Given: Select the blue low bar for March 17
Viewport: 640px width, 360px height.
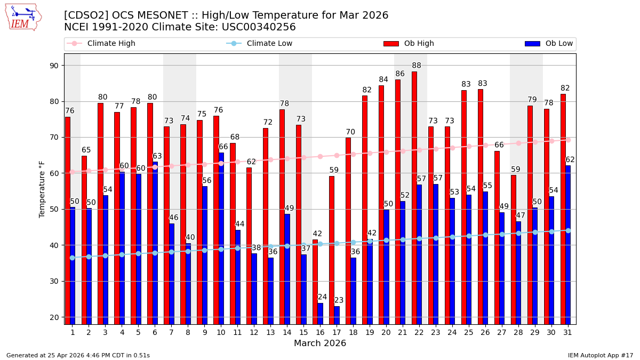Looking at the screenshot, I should tap(337, 315).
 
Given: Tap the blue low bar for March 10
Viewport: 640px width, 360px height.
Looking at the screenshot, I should tap(221, 238).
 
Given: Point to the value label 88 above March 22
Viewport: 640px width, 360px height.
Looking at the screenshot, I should tap(417, 66).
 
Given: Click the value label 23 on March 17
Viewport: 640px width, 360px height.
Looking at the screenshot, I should tap(339, 300).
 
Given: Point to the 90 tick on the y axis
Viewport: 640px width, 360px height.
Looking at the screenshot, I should tap(54, 66).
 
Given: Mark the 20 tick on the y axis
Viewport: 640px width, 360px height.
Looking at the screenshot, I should tap(54, 317).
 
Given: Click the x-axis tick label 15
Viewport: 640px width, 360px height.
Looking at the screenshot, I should tap(303, 332).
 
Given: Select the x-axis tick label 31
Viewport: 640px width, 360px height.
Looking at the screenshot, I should tap(568, 332).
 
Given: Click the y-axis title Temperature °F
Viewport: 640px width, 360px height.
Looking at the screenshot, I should tap(42, 189).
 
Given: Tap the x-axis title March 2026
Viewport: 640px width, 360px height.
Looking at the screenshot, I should tap(320, 343).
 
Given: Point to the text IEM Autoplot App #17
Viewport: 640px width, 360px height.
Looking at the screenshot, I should tap(600, 355).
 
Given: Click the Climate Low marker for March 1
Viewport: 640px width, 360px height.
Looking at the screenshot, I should tap(72, 258).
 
